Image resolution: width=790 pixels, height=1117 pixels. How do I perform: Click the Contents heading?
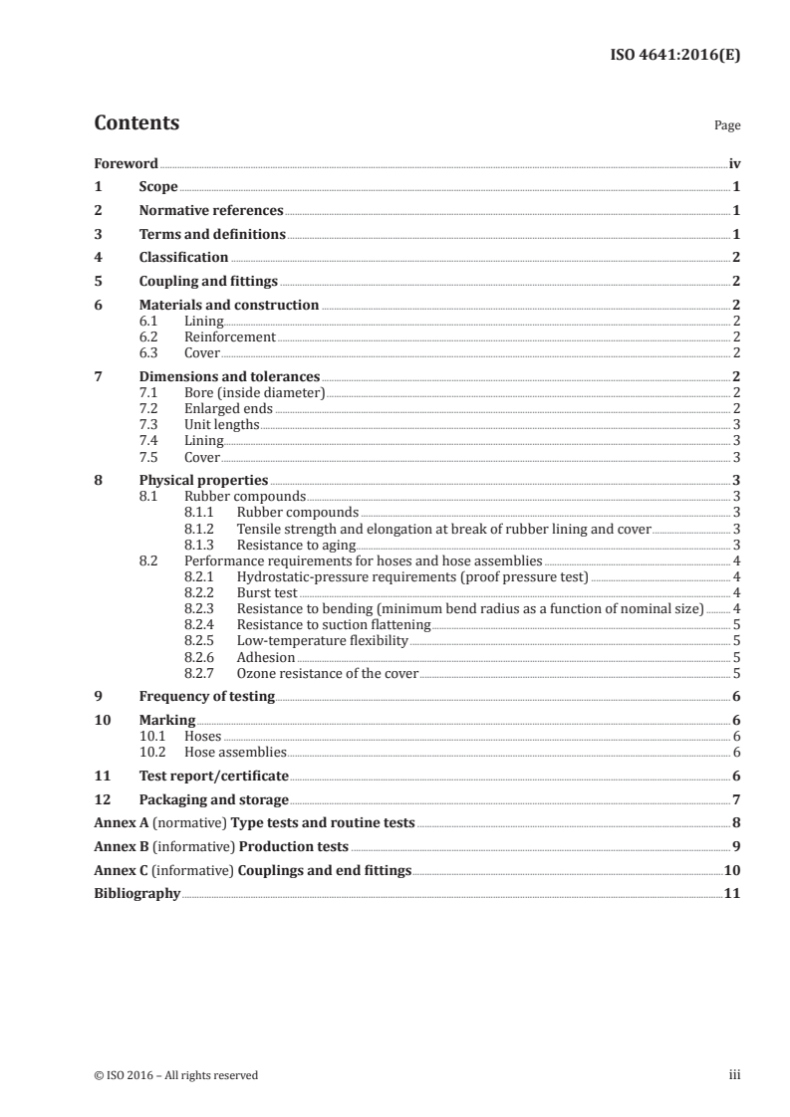pyautogui.click(x=136, y=123)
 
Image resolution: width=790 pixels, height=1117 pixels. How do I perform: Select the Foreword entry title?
pyautogui.click(x=126, y=163)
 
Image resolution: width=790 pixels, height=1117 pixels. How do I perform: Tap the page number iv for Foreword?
pyautogui.click(x=734, y=163)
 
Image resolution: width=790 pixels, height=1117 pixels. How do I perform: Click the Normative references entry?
pyautogui.click(x=211, y=210)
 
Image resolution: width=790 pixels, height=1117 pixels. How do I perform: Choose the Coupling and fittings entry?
pyautogui.click(x=208, y=281)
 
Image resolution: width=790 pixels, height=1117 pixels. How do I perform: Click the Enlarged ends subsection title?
pyautogui.click(x=228, y=408)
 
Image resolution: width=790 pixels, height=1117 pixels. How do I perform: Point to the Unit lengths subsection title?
pyautogui.click(x=221, y=424)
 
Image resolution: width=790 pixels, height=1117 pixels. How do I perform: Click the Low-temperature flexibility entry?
pyautogui.click(x=322, y=640)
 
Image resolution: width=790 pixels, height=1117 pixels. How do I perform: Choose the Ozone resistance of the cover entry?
pyautogui.click(x=327, y=673)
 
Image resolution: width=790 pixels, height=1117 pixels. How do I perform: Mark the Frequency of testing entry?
pyautogui.click(x=206, y=696)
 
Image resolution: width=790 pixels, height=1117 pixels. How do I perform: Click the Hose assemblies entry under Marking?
pyautogui.click(x=235, y=753)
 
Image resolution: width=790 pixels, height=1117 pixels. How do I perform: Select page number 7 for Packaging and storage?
pyautogui.click(x=735, y=799)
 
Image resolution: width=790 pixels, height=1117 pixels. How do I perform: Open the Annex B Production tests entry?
pyautogui.click(x=221, y=846)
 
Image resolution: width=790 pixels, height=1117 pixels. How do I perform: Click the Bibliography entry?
pyautogui.click(x=136, y=893)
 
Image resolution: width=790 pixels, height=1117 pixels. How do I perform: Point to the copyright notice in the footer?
pyautogui.click(x=175, y=1075)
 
